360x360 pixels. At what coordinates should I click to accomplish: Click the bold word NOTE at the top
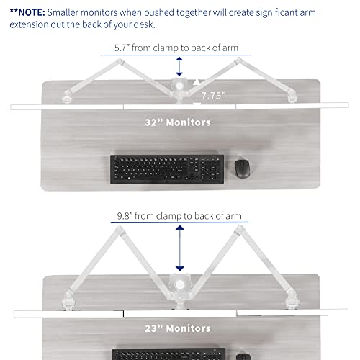point(32,12)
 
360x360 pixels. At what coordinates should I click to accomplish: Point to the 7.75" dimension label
point(213,96)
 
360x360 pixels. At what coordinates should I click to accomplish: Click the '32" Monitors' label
point(178,122)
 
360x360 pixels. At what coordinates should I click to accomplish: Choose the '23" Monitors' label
point(178,328)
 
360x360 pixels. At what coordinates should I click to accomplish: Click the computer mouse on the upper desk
point(242,168)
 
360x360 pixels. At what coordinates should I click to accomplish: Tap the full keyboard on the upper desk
point(167,169)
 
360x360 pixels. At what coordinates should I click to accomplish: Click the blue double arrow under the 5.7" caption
point(179,66)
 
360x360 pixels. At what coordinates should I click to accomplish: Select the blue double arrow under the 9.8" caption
point(180,248)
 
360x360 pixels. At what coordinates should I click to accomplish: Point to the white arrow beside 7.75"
point(197,92)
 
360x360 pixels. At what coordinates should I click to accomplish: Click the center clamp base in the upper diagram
point(179,89)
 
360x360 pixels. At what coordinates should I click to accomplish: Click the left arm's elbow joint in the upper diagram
point(120,62)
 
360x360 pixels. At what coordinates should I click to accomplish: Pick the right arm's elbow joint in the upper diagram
point(239,60)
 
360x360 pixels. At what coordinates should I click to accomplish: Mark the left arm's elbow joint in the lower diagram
point(120,230)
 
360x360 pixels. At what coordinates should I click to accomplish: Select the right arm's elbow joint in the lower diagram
point(240,229)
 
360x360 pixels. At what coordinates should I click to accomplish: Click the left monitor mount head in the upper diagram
point(67,97)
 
